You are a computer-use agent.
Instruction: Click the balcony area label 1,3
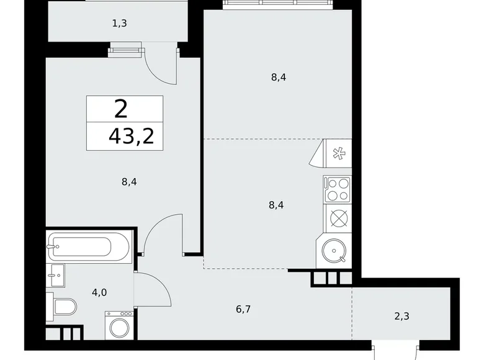pyautogui.click(x=120, y=23)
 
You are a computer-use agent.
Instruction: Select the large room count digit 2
pyautogui.click(x=121, y=110)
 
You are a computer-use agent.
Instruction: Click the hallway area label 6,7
pyautogui.click(x=243, y=307)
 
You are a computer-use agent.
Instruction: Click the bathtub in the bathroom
pyautogui.click(x=89, y=247)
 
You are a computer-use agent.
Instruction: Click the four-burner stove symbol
pyautogui.click(x=337, y=189)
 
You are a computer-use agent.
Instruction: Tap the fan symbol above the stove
pyautogui.click(x=339, y=153)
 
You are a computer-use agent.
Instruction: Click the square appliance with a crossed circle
pyautogui.click(x=338, y=218)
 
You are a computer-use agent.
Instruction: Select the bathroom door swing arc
pyautogui.click(x=154, y=289)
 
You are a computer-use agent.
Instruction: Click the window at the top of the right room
pyautogui.click(x=278, y=4)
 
